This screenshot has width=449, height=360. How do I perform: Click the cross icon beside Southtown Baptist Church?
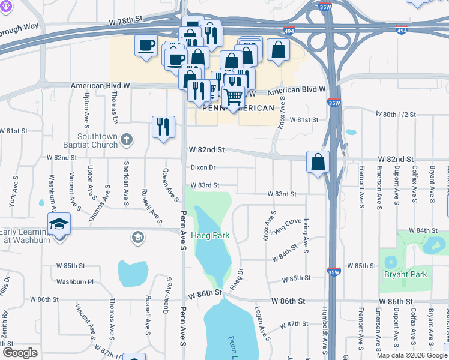(x=126, y=140)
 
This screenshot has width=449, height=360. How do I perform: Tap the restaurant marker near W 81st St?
(x=163, y=127)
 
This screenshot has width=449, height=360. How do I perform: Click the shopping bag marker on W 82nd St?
(x=318, y=162)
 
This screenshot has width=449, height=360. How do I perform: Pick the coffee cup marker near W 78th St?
(x=146, y=46)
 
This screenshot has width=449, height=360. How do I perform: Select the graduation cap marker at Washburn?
(x=59, y=224)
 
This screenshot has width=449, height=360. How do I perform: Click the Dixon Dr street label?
(x=203, y=167)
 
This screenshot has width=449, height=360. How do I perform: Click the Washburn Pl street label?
(x=74, y=281)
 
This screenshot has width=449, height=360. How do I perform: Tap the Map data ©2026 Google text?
(x=412, y=355)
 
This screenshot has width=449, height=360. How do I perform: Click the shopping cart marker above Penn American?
(x=233, y=96)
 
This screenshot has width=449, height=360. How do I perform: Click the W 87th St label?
(x=294, y=324)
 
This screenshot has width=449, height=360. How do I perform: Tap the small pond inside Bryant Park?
(x=391, y=262)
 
